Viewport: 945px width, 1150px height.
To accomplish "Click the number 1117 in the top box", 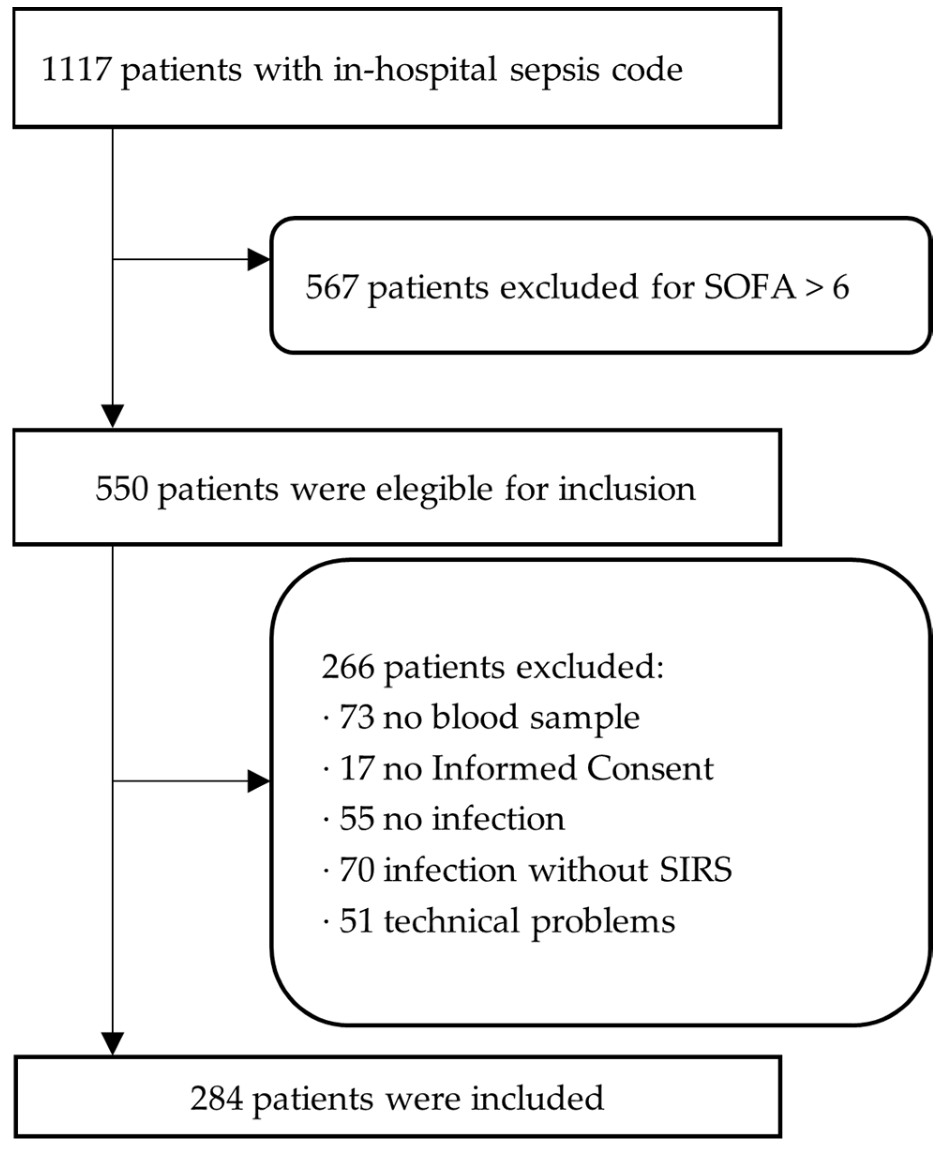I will click(x=77, y=70).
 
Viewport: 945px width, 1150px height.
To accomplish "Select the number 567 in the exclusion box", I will click(x=331, y=286).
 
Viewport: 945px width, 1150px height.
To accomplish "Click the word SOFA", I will click(x=750, y=286).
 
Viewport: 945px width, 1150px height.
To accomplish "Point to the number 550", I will click(x=121, y=489).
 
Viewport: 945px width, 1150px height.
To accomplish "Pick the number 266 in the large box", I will click(x=347, y=667).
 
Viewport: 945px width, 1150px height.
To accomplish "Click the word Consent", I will click(x=649, y=768).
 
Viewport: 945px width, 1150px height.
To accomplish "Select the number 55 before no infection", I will click(x=357, y=819).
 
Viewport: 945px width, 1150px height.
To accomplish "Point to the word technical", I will click(x=451, y=921).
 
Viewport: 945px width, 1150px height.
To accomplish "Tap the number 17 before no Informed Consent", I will click(x=357, y=768).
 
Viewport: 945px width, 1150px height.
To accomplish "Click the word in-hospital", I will click(x=415, y=70).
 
